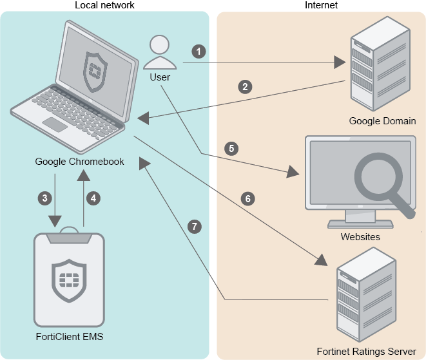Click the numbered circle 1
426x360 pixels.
tap(200, 50)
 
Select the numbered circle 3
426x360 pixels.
tap(44, 198)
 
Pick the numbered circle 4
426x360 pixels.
tap(93, 198)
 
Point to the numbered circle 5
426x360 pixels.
tap(232, 148)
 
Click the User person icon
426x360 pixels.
tap(160, 53)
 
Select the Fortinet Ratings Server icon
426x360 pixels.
tap(365, 299)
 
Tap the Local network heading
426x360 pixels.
tap(104, 5)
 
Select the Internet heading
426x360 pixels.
tap(320, 5)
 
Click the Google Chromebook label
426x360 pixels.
tap(79, 161)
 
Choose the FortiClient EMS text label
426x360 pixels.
tap(69, 336)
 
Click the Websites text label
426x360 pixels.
tap(360, 237)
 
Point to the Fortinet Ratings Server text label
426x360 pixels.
tap(366, 352)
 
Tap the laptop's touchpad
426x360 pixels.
tap(55, 124)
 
